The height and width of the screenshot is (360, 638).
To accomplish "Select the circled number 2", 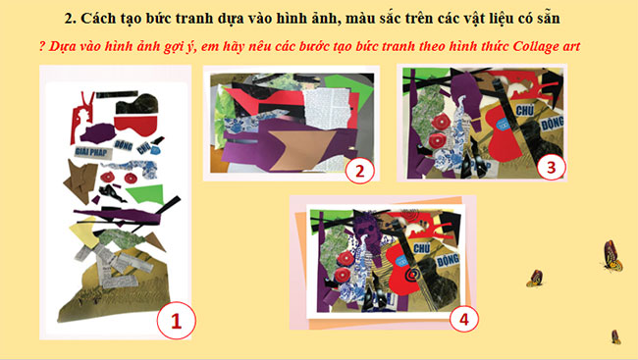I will [360, 170].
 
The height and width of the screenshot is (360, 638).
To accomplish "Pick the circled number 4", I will [463, 317].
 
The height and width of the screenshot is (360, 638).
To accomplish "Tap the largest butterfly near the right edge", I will [611, 255].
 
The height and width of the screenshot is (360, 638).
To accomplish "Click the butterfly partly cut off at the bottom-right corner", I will [615, 336].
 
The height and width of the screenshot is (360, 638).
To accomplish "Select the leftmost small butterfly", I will [535, 279].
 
